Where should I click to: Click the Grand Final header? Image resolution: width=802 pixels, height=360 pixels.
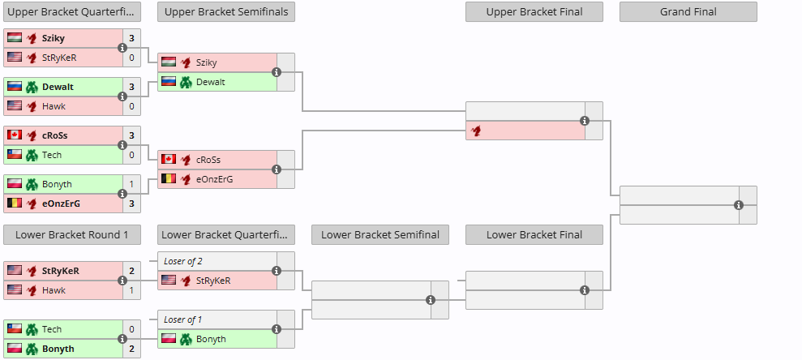tap(688, 12)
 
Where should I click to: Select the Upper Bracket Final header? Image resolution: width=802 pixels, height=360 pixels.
tap(534, 12)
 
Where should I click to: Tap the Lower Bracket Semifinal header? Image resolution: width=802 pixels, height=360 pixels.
tap(380, 234)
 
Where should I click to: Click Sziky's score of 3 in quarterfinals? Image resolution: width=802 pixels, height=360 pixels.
tap(131, 38)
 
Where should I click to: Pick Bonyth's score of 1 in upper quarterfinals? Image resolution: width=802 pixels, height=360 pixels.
tap(131, 184)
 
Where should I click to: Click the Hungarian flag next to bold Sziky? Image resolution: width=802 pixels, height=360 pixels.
tap(15, 38)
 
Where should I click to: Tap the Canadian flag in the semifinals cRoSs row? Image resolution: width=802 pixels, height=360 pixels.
tap(169, 160)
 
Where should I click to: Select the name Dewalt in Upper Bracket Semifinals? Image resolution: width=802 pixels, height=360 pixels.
tap(210, 82)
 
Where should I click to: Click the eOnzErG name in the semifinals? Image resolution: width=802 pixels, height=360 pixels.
tap(214, 179)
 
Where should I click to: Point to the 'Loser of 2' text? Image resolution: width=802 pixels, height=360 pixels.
tap(182, 261)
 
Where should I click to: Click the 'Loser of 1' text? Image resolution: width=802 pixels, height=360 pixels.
tap(182, 319)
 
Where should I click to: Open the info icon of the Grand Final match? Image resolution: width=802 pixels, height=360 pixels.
tap(739, 205)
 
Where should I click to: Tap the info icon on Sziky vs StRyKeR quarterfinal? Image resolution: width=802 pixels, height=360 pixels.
tap(122, 48)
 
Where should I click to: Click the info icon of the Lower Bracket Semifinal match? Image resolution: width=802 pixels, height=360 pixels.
tap(431, 300)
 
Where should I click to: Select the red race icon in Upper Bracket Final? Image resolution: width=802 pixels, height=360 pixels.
tap(476, 131)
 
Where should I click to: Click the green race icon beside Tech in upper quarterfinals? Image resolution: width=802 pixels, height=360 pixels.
tap(32, 155)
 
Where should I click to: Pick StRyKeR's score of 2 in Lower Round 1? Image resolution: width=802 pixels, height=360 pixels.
tap(131, 271)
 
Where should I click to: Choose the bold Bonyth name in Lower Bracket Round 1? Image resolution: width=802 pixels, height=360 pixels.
tap(58, 349)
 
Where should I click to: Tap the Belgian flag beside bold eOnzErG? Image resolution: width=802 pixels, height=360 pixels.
tap(15, 204)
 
